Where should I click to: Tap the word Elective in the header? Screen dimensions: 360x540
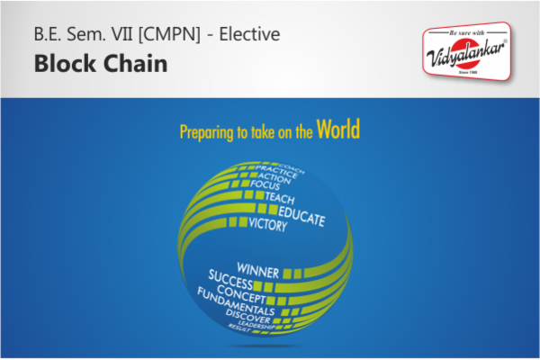pos(245,35)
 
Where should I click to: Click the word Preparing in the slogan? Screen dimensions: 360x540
pos(206,132)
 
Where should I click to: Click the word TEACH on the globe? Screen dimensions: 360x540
pos(280,198)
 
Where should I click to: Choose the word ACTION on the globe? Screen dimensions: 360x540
pos(271,175)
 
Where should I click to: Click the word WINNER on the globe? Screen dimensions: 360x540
pos(257,269)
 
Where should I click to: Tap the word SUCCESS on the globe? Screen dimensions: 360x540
pos(231,278)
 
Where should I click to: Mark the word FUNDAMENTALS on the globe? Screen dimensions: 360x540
pos(238,304)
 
